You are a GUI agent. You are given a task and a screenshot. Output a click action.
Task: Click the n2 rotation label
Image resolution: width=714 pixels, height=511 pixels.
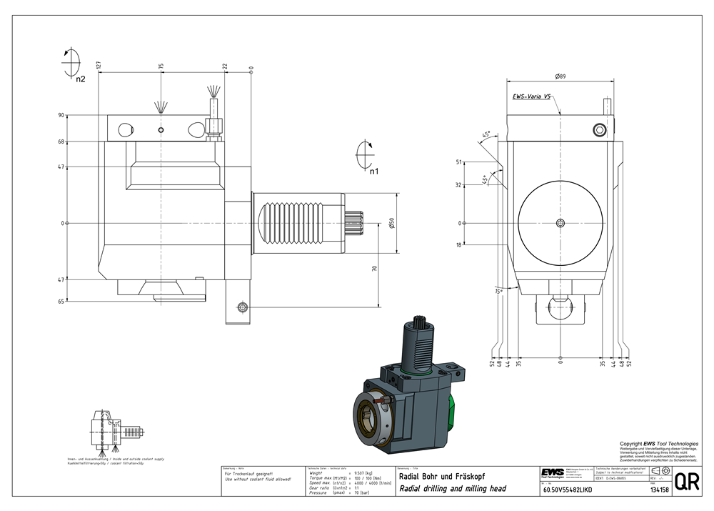click(x=80, y=79)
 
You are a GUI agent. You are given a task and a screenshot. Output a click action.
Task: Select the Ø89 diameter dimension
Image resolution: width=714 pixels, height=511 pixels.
click(x=560, y=76)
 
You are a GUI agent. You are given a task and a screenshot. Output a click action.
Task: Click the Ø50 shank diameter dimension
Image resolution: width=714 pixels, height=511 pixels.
click(x=391, y=223)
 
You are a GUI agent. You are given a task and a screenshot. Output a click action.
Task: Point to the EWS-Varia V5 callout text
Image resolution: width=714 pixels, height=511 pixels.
click(x=531, y=96)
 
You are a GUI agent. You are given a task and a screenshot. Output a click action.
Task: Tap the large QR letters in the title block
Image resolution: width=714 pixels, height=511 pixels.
click(x=686, y=482)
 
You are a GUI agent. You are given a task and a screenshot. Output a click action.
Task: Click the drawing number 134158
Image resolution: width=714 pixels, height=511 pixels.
click(x=659, y=490)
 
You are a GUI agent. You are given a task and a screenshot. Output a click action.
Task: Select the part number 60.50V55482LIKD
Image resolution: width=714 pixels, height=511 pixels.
click(x=568, y=490)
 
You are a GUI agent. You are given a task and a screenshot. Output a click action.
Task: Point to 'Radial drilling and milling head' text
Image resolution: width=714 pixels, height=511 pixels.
click(x=452, y=490)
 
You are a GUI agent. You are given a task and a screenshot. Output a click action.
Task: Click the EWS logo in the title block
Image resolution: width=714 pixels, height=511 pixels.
click(x=551, y=474)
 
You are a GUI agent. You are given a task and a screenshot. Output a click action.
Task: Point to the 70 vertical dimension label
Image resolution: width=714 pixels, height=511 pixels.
click(x=375, y=269)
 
